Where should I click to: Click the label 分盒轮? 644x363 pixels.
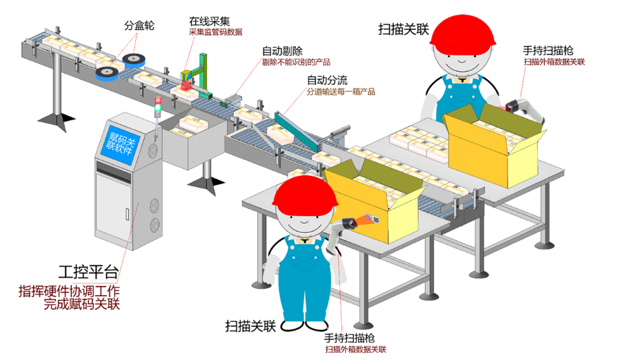tap(139, 26)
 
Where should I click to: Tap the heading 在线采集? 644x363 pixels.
tap(209, 21)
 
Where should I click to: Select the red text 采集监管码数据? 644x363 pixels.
tap(215, 32)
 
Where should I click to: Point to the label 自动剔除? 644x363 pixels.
tap(282, 51)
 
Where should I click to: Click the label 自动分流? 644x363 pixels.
tap(328, 80)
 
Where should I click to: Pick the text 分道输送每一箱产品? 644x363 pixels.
tap(341, 92)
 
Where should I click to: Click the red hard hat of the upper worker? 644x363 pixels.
tap(464, 34)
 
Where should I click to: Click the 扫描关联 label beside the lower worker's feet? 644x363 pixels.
tap(251, 327)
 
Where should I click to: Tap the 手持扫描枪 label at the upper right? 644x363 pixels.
tap(549, 51)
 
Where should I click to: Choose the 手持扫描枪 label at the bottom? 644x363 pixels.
tap(349, 337)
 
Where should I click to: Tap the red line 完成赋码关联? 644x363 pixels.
tap(82, 305)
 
